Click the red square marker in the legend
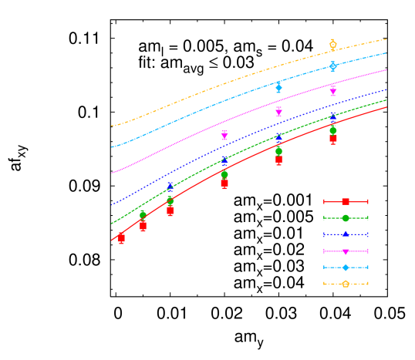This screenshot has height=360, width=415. tap(346, 201)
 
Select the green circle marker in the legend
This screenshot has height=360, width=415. tap(346, 218)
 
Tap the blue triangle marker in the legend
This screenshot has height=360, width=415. tap(346, 234)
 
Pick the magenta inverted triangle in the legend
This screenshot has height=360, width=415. tap(346, 251)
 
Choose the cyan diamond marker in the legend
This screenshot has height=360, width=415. tap(346, 267)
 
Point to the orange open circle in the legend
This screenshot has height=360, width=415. tap(346, 284)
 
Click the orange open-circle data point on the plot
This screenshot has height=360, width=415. tap(332, 45)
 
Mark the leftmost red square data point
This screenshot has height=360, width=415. tap(121, 239)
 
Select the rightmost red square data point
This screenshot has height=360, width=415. tap(333, 138)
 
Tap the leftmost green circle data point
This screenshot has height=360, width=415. tap(143, 214)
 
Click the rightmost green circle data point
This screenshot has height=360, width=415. tap(333, 130)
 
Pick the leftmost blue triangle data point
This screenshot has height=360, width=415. tap(170, 187)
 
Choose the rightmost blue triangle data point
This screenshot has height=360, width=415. tap(333, 116)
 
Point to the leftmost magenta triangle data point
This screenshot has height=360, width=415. tap(224, 135)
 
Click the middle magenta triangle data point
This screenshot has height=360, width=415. tap(278, 112)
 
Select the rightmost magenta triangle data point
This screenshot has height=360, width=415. tap(333, 90)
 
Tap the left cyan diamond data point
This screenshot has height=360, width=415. tap(278, 87)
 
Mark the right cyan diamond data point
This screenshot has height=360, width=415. tap(332, 66)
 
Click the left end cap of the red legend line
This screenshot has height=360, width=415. tap(324, 201)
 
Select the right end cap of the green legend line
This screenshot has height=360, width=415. tap(368, 218)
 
